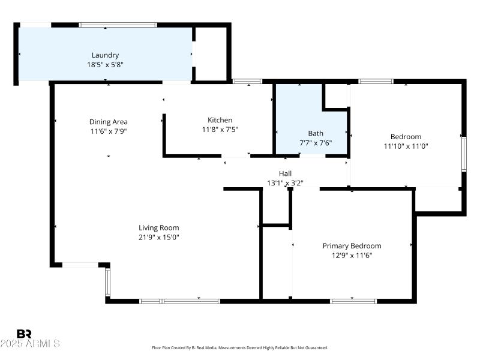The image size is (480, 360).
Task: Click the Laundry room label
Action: click(x=106, y=55)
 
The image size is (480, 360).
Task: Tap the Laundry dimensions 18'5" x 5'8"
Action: click(x=106, y=65)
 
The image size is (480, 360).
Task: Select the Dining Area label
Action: click(x=109, y=122)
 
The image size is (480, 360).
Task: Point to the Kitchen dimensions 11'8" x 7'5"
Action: click(x=220, y=130)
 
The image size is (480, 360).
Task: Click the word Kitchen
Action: click(x=220, y=120)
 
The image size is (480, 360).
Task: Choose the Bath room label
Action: click(x=316, y=133)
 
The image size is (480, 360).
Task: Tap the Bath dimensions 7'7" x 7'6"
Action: click(x=316, y=143)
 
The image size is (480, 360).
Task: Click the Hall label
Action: click(x=286, y=173)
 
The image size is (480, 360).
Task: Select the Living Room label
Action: click(x=159, y=228)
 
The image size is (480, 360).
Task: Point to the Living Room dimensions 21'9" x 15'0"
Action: click(x=159, y=237)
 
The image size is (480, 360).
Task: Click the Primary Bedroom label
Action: click(x=352, y=246)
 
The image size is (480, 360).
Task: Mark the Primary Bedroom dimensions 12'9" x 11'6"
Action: click(x=352, y=256)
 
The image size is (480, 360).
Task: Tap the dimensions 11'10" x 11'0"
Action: click(x=406, y=146)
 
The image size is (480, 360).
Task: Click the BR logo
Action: click(x=24, y=334)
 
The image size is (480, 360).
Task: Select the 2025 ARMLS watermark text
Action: click(x=30, y=343)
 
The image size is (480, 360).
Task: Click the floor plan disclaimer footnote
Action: click(x=240, y=348)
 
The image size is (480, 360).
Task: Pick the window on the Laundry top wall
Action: click(x=118, y=25)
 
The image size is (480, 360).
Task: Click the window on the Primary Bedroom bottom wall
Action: click(x=353, y=301)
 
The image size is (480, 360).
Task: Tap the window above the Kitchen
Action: click(x=247, y=82)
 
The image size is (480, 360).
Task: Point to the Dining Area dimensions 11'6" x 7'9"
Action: click(x=109, y=131)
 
